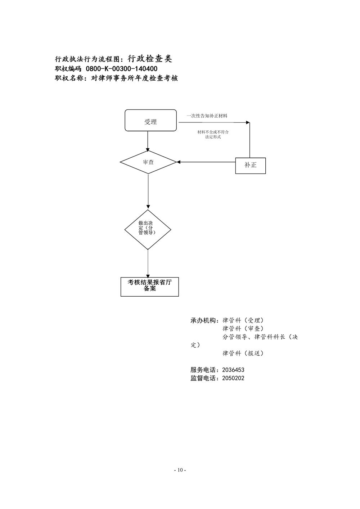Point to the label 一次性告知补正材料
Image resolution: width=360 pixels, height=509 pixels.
pos(207,116)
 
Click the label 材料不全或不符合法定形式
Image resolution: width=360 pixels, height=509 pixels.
pos(213,135)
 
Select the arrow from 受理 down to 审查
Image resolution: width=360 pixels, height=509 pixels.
pos(148,141)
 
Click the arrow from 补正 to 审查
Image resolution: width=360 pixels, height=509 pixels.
pos(206,162)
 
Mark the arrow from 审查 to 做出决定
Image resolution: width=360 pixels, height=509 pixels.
pos(148,191)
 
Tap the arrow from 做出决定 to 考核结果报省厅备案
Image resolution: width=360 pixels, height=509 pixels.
pos(148,263)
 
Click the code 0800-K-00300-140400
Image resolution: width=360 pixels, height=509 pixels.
pos(122,69)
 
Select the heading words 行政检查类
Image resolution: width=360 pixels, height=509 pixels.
pos(150,59)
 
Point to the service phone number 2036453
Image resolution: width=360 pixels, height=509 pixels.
pos(233,370)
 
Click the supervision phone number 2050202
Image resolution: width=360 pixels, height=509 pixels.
pos(233,378)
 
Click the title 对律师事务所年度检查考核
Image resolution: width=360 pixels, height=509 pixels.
pos(134,78)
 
